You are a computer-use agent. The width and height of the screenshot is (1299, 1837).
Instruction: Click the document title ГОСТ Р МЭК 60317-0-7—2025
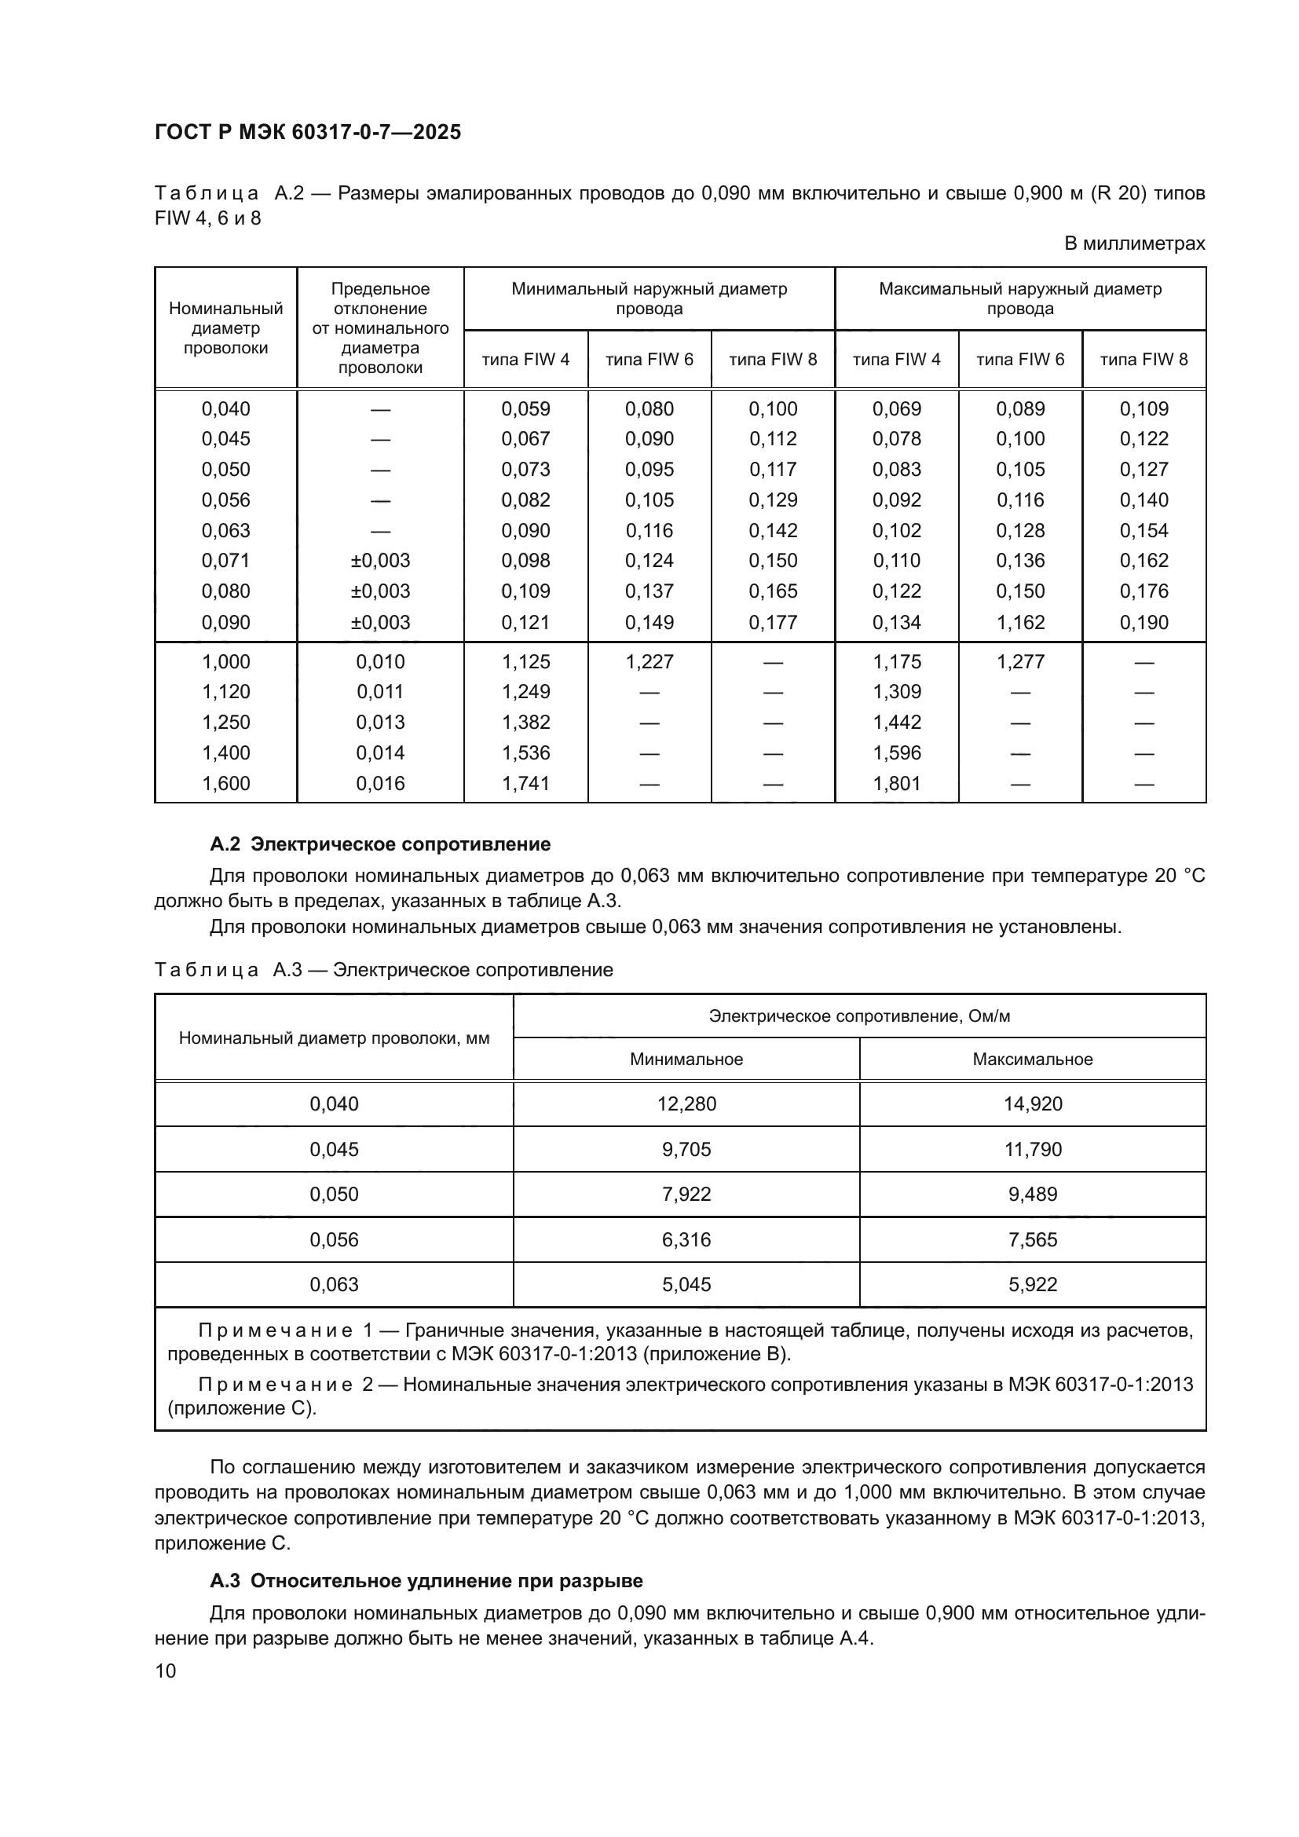308,133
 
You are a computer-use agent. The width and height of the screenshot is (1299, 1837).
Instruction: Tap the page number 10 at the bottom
166,1670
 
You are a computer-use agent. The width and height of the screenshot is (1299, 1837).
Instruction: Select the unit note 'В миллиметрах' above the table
1134,243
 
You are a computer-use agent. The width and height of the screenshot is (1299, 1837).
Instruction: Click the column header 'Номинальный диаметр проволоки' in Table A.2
225,328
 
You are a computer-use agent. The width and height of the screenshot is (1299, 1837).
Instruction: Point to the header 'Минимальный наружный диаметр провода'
649,298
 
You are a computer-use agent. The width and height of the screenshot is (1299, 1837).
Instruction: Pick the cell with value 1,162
1020,623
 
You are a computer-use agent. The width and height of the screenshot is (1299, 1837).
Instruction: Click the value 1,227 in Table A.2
649,661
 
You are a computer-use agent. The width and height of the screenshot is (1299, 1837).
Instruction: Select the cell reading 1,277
1020,661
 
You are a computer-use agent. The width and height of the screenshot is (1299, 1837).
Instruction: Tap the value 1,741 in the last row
525,783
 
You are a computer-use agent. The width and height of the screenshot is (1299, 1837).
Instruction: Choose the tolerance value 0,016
380,783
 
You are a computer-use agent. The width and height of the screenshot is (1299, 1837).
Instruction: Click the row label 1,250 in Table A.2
225,723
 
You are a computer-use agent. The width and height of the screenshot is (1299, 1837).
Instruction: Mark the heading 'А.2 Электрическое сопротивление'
380,844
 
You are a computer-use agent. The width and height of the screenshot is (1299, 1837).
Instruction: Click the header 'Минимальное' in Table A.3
686,1059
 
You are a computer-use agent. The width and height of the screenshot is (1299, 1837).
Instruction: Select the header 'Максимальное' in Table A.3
1033,1059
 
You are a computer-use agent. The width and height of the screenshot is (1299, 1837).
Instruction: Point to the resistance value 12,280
686,1104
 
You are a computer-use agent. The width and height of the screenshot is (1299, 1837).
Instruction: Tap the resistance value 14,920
1033,1104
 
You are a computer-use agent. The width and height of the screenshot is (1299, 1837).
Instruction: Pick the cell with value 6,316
686,1239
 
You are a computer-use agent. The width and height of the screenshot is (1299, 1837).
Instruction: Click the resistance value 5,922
1033,1284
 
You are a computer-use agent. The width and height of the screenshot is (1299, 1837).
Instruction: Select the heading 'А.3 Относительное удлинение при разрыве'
426,1581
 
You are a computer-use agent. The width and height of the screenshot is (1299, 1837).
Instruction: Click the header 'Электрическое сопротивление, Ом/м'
859,1016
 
